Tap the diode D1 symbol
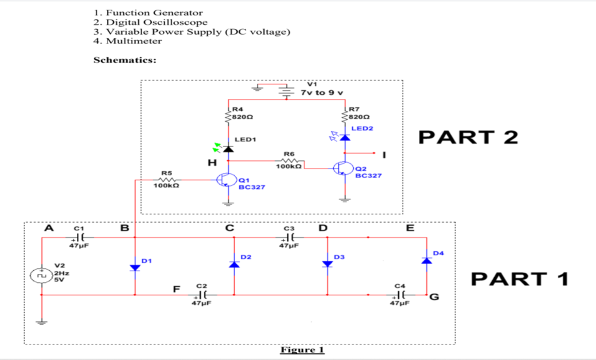[135, 267]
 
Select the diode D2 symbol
[234, 264]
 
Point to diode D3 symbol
[327, 263]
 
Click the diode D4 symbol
[426, 260]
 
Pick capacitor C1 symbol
[79, 237]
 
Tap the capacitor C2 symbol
[202, 294]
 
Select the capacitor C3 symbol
[289, 237]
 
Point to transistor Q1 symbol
[224, 180]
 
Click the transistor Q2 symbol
[341, 168]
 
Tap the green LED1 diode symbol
[224, 147]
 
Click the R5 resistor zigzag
[167, 180]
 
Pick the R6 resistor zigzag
[289, 161]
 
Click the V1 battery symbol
[286, 91]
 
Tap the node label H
[212, 162]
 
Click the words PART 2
[468, 137]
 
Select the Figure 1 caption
[302, 349]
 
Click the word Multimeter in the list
[134, 41]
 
